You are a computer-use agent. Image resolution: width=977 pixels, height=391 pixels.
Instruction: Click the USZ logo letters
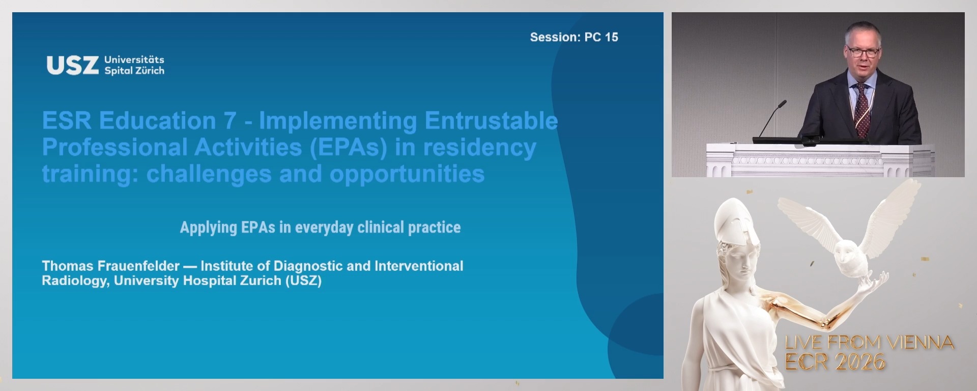pyautogui.click(x=72, y=66)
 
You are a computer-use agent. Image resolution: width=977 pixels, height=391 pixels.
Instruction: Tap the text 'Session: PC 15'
pyautogui.click(x=573, y=37)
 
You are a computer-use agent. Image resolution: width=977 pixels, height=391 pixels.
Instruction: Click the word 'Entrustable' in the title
pyautogui.click(x=491, y=121)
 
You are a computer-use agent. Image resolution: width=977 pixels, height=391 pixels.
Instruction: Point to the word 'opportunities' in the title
pyautogui.click(x=407, y=174)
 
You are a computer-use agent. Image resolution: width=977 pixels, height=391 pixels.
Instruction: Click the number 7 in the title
pyautogui.click(x=229, y=121)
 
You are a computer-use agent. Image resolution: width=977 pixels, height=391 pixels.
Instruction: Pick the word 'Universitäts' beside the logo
pyautogui.click(x=134, y=60)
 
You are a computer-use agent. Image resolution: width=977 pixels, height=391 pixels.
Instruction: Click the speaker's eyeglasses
pyautogui.click(x=863, y=52)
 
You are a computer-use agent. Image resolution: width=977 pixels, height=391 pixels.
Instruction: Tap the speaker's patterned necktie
pyautogui.click(x=861, y=109)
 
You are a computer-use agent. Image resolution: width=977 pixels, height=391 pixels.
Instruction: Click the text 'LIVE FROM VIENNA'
pyautogui.click(x=869, y=343)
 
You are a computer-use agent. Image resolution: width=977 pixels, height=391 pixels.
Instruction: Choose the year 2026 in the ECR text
pyautogui.click(x=860, y=362)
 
